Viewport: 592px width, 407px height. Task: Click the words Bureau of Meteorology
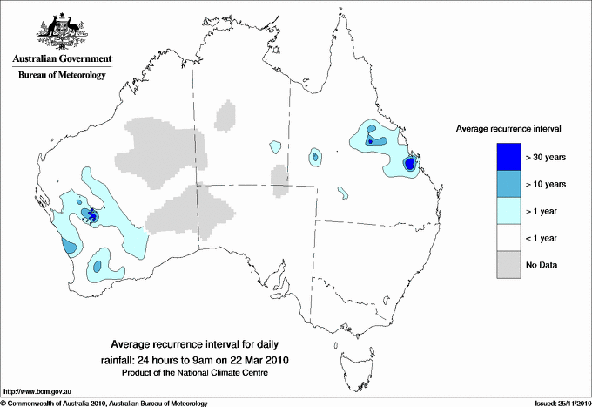point(61,75)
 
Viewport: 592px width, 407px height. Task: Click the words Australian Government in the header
point(61,59)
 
